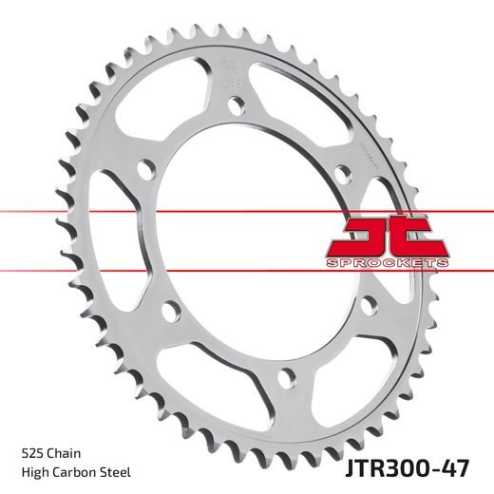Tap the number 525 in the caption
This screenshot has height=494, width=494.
pos(31,455)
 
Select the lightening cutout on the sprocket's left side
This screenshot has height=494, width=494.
pos(116,237)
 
